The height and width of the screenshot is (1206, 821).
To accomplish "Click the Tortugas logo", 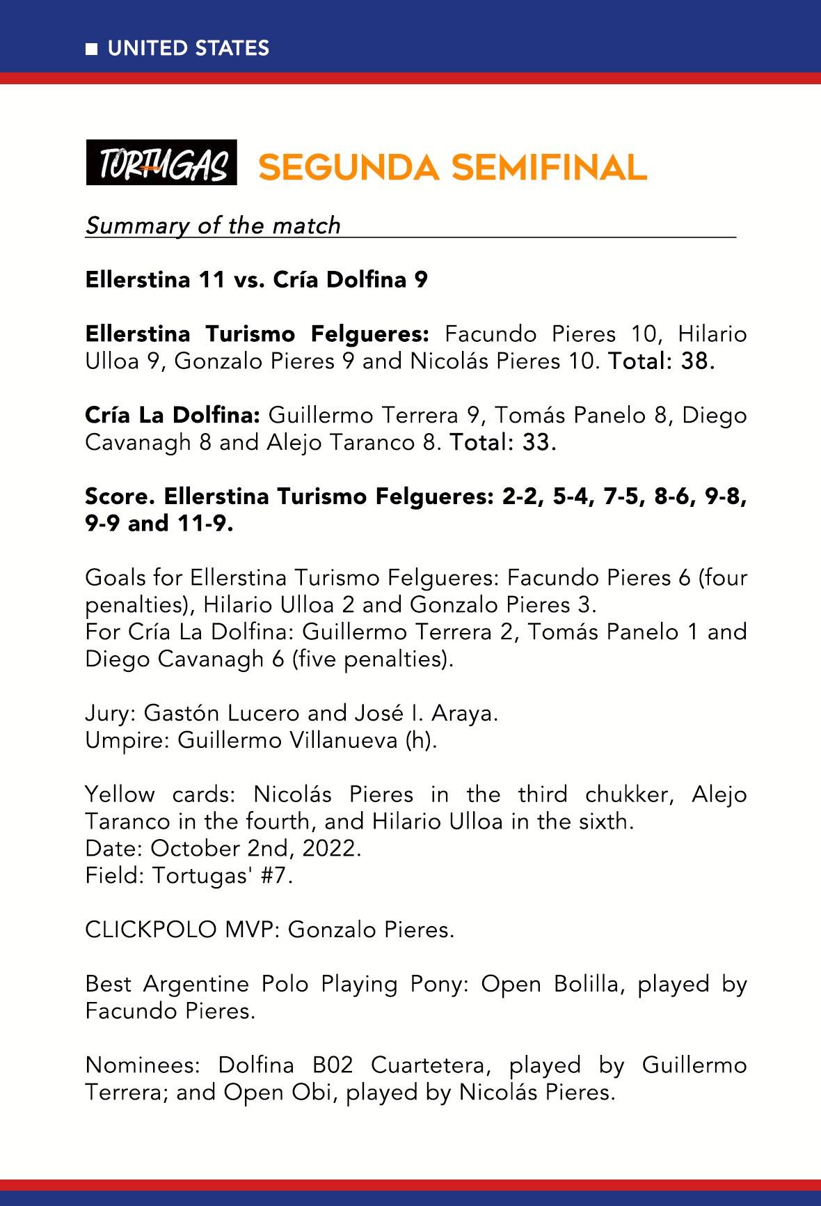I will pyautogui.click(x=161, y=162).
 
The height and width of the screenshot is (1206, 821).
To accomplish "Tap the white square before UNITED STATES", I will pyautogui.click(x=91, y=49).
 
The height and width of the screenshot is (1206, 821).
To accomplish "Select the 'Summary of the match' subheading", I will pyautogui.click(x=213, y=226).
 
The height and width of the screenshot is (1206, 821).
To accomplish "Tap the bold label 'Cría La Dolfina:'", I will pyautogui.click(x=173, y=416).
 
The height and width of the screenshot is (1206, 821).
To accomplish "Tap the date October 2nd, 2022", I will pyautogui.click(x=255, y=849).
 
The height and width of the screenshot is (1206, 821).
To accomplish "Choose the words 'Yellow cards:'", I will pyautogui.click(x=161, y=794).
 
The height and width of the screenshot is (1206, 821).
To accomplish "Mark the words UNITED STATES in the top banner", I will pyautogui.click(x=189, y=49).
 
